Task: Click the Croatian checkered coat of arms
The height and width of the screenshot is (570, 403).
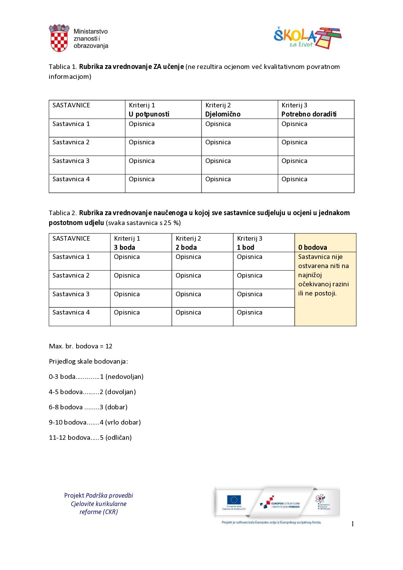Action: point(59,38)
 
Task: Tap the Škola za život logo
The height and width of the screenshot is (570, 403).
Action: point(307,38)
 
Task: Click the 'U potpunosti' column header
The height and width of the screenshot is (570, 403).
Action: point(149,114)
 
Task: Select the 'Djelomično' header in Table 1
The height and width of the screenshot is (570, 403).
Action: point(223,114)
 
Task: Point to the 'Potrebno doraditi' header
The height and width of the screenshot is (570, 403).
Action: point(309,114)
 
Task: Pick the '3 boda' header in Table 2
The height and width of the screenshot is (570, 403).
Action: point(125,247)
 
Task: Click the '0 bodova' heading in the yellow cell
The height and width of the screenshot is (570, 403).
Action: point(313,247)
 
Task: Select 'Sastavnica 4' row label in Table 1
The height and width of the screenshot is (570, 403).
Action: point(71,179)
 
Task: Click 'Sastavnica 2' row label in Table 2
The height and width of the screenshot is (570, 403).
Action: point(71,276)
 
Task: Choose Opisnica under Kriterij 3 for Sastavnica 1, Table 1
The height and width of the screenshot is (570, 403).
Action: point(294,124)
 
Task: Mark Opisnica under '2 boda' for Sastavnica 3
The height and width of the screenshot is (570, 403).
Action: point(188,294)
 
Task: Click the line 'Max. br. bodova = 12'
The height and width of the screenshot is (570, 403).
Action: point(81,346)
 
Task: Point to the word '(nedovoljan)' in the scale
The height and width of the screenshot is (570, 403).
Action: point(125,377)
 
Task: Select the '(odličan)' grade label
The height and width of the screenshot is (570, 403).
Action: point(118,438)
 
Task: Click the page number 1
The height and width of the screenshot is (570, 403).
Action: point(353,524)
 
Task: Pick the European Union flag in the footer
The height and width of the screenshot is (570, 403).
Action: point(234,500)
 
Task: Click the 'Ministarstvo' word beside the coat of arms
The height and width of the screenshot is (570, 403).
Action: point(91,32)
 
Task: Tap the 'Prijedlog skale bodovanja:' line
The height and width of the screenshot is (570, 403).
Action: point(88,362)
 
